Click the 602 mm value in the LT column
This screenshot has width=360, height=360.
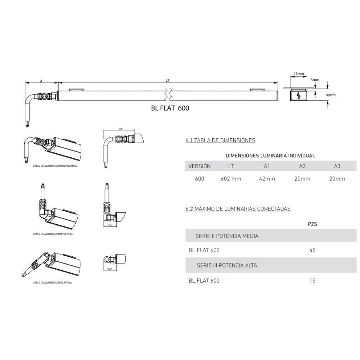[231, 179]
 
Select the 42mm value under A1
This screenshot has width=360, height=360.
[267, 179]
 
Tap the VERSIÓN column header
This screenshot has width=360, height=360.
[199, 166]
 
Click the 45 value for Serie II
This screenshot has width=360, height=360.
[312, 250]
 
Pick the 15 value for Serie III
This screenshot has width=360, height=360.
[312, 281]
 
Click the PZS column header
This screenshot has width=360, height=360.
[312, 224]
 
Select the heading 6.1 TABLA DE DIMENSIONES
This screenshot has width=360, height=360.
[220, 140]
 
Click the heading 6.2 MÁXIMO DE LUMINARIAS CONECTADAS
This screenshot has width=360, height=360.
[238, 209]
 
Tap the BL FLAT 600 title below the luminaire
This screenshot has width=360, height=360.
[170, 108]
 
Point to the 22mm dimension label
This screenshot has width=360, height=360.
[298, 74]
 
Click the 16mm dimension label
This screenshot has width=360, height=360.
[330, 95]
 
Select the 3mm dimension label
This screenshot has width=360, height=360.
[315, 80]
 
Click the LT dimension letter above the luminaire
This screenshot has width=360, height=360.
[168, 81]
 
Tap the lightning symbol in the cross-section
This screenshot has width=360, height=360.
[298, 96]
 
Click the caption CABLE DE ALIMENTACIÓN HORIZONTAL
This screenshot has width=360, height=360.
[55, 166]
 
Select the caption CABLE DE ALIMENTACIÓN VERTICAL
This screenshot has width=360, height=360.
[53, 234]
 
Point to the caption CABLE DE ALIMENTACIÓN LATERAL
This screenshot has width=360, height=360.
[52, 283]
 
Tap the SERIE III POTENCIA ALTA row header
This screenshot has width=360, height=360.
[227, 266]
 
